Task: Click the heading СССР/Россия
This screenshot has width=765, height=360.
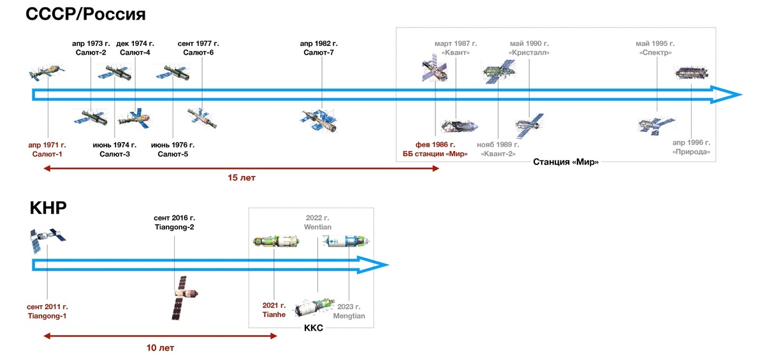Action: tap(85, 14)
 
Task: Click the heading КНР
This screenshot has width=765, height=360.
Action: tap(48, 208)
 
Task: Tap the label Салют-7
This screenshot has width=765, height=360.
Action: tap(319, 52)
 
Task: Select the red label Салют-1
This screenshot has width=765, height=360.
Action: tap(47, 154)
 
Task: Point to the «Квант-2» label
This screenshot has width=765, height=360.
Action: tap(498, 154)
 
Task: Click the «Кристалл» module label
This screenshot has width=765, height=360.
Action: tap(529, 52)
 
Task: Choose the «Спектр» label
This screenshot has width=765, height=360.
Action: tap(655, 52)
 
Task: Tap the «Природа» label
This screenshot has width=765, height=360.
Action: tap(691, 152)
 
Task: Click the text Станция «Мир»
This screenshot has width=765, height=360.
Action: tap(565, 162)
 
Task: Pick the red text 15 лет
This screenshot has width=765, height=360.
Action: tap(242, 178)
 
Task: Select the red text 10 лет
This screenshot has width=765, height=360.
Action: tap(160, 348)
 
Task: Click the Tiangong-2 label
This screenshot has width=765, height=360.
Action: tap(174, 227)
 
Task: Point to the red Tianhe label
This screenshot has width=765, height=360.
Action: tap(274, 315)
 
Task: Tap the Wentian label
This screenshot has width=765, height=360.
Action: tap(317, 227)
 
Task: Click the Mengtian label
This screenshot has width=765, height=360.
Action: tap(349, 316)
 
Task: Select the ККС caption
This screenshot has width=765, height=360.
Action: tap(314, 328)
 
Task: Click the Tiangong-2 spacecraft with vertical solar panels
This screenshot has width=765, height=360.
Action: tap(184, 298)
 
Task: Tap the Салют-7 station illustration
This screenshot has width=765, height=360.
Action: tap(319, 120)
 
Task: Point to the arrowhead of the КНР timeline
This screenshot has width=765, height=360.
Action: tap(373, 265)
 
